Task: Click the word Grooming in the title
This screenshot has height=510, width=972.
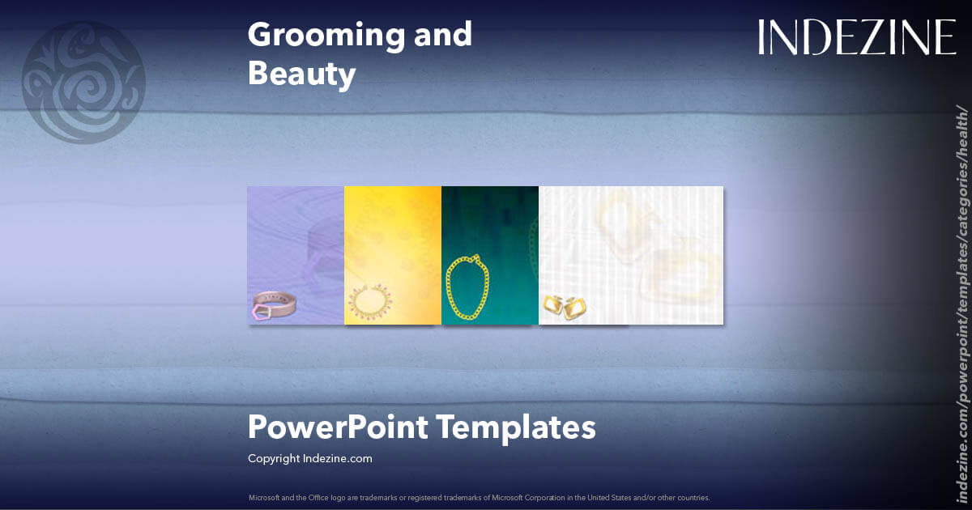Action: coord(316,35)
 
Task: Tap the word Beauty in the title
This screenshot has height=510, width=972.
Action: coord(301,74)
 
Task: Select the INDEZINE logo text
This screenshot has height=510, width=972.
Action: coord(856,38)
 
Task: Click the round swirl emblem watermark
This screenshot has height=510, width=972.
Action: coord(83,83)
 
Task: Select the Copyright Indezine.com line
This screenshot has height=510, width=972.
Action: coord(309,458)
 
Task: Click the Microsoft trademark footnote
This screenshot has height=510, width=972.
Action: coord(479,497)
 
